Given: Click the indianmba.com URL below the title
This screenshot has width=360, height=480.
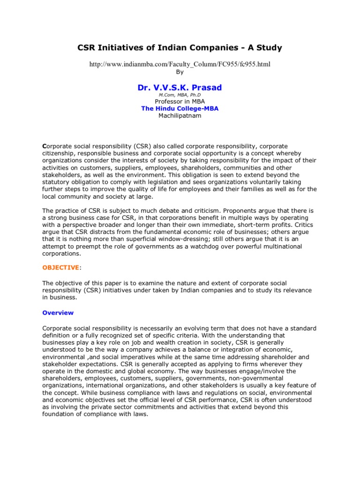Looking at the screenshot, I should coord(180,64).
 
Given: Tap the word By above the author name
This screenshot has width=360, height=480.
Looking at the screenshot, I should coord(180,72).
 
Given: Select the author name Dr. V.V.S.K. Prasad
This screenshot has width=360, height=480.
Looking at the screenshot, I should coord(180,87).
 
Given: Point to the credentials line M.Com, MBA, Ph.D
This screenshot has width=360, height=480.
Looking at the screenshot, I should coord(180,95).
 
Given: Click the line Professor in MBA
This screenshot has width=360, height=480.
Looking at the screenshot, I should coord(180,102).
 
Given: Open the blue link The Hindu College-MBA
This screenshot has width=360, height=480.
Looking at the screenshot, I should coord(180,109).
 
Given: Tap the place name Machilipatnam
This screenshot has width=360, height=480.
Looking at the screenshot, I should coord(180,116).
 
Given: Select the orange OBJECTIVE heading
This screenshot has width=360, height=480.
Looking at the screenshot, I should coord(60,267).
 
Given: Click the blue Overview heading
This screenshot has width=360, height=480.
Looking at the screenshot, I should coord(58,312).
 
